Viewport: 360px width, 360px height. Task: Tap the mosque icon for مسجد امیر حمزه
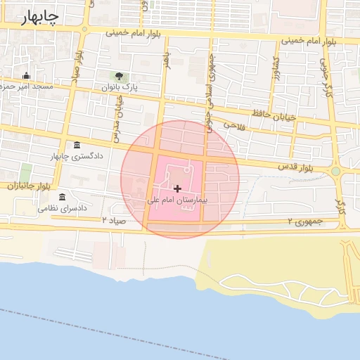27,76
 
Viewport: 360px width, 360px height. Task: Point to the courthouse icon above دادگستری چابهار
76,145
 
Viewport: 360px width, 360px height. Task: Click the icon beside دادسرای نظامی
63,197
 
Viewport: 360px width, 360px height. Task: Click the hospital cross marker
177,188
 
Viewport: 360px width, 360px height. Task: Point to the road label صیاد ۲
114,221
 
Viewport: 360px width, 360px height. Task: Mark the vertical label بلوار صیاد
79,64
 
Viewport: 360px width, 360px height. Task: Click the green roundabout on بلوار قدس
336,171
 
